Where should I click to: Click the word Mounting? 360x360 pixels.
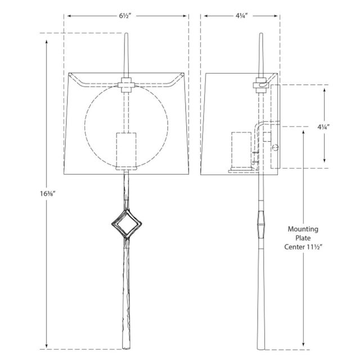(x=303, y=229)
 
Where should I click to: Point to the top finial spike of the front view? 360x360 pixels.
(x=126, y=51)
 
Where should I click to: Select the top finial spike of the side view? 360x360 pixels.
(x=260, y=51)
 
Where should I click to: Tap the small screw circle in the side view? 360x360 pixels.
(x=276, y=148)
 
